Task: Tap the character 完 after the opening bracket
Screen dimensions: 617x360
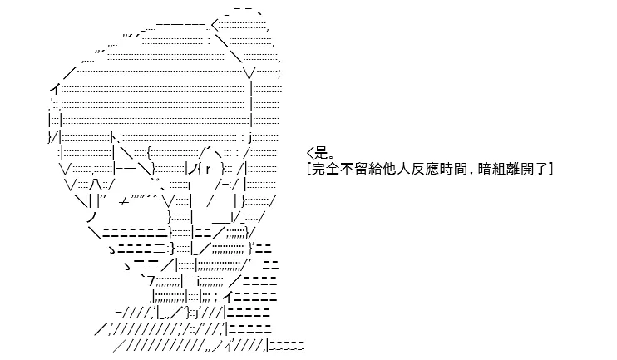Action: (x=318, y=169)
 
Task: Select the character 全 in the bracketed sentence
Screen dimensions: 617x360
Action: (x=332, y=169)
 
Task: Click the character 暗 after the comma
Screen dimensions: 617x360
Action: (x=485, y=169)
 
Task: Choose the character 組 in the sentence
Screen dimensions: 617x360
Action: (x=499, y=169)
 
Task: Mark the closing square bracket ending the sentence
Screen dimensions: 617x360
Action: (x=550, y=169)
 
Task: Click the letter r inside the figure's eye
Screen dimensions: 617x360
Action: (x=209, y=170)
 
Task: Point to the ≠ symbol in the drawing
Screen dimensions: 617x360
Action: (x=124, y=201)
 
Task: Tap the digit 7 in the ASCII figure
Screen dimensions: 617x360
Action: (x=151, y=281)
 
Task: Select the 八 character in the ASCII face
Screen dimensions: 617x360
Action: (x=95, y=184)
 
